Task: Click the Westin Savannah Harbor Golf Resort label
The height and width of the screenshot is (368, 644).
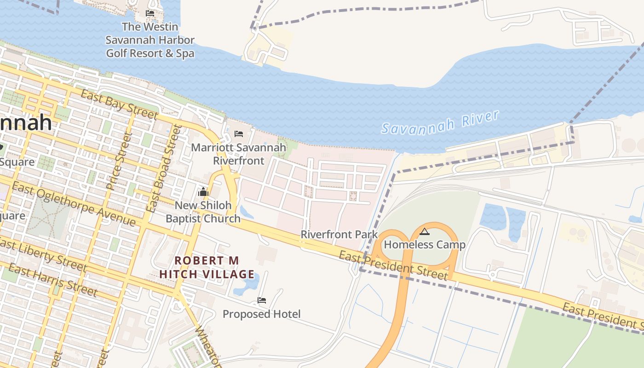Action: [x=150, y=40]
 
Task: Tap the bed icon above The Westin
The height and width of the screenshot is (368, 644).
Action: [x=150, y=13]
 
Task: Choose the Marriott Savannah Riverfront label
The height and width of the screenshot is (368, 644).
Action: [x=238, y=154]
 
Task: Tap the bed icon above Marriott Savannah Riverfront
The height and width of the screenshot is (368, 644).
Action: [x=238, y=134]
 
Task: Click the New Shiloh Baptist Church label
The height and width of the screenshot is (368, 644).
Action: [x=203, y=212]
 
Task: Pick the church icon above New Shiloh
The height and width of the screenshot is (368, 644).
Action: [x=203, y=191]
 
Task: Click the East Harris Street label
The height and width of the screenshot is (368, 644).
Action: [x=52, y=280]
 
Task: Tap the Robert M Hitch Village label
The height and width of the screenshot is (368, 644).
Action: [x=207, y=267]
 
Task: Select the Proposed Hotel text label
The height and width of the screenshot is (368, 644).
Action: [x=261, y=314]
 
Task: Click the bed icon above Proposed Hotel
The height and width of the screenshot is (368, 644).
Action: [x=262, y=300]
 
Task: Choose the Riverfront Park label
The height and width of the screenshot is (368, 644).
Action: [x=339, y=234]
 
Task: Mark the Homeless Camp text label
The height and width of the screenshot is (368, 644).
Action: [x=425, y=244]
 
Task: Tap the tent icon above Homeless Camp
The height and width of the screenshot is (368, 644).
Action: [x=424, y=231]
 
